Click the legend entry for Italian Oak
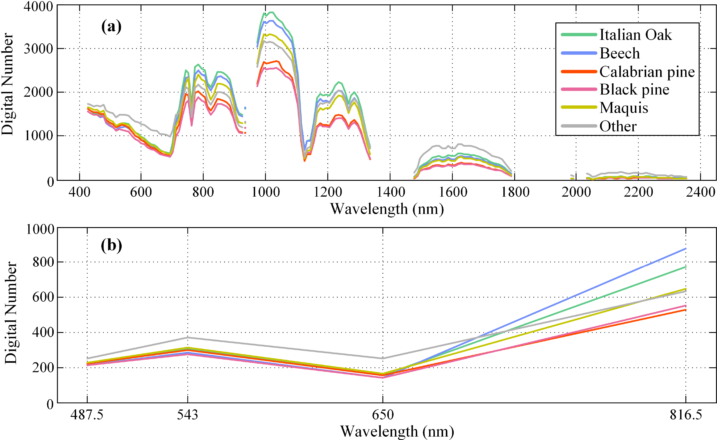pos(636,35)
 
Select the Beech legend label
pos(620,53)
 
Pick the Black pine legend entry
pos(634,90)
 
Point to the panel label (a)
pos(111,27)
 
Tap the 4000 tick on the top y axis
pos(38,6)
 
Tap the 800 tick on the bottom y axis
pos(43,262)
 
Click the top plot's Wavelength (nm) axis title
pos(387,209)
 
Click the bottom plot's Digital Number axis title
pos(11,313)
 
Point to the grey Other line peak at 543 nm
pos(188,338)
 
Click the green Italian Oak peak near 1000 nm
pos(271,12)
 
